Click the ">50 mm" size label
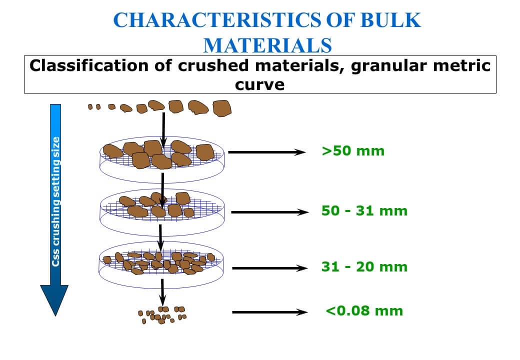pos(353,151)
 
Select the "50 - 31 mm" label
pos(364,210)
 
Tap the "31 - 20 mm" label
pos(364,267)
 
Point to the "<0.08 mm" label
pos(364,311)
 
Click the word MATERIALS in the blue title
pos(267,45)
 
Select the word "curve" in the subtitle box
pos(259,84)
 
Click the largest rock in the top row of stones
pos(221,108)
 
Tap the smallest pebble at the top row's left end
pos(90,106)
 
